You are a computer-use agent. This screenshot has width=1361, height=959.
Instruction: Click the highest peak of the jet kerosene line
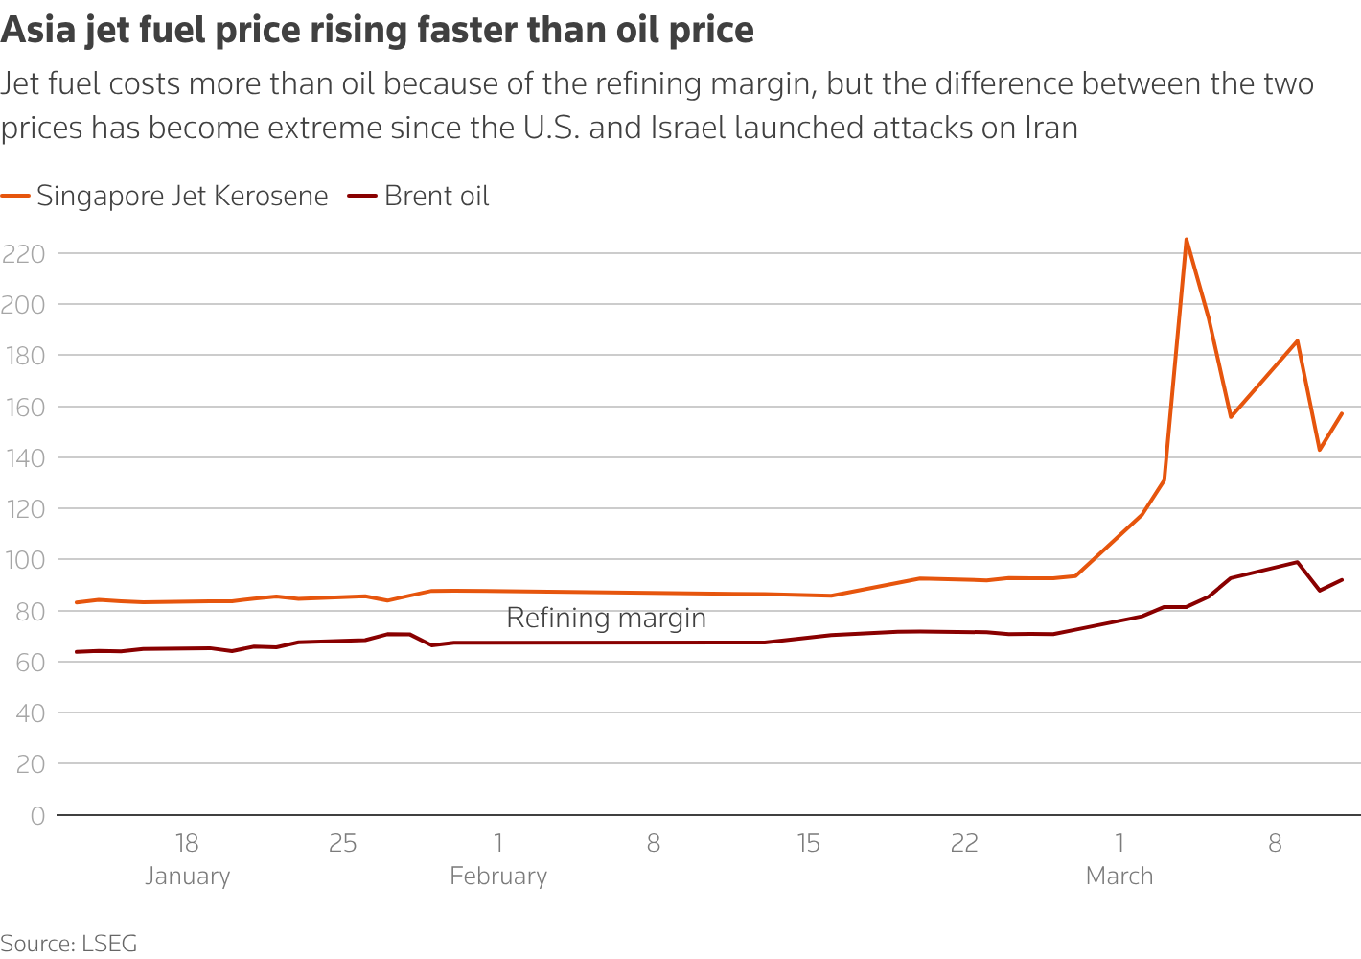(x=1187, y=239)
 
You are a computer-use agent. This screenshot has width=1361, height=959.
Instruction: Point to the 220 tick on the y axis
(x=24, y=254)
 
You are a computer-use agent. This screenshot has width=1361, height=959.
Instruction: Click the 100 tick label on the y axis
(x=24, y=560)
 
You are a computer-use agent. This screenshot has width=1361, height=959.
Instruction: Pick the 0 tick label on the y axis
(x=37, y=816)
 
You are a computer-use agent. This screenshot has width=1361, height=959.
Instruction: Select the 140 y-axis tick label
(x=24, y=458)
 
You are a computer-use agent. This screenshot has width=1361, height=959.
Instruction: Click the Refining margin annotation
(x=606, y=619)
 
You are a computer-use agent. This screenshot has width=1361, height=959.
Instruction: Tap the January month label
(x=188, y=877)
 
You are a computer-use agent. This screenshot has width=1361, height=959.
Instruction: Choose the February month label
(x=498, y=877)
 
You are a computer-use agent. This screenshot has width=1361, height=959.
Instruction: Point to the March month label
(x=1119, y=877)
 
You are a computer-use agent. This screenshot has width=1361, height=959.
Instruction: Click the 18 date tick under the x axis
(x=187, y=844)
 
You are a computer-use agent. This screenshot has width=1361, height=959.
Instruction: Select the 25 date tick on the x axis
(x=342, y=844)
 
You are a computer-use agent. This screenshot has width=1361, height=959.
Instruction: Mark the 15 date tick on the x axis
(x=808, y=844)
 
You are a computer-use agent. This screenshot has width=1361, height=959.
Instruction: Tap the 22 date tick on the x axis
(x=964, y=844)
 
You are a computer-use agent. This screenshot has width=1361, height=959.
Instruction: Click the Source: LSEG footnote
(x=69, y=944)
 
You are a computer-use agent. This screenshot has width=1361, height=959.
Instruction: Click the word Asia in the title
(x=37, y=31)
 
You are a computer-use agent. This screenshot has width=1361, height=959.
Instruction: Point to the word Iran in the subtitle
(x=1051, y=128)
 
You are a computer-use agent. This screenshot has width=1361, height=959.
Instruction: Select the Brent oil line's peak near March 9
(x=1297, y=562)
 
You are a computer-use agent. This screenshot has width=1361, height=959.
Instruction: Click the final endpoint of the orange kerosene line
(x=1342, y=413)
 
